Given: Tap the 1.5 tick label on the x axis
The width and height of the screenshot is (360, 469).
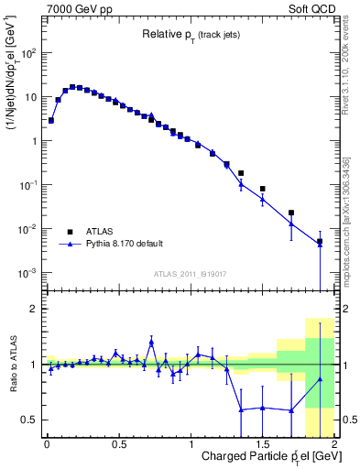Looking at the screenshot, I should [x=262, y=444].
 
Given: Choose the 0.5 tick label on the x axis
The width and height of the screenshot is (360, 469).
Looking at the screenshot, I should [x=118, y=444].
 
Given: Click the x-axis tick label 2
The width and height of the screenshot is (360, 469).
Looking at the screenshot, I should [x=334, y=444].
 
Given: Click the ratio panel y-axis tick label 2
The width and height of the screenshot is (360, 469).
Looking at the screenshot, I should [x=35, y=309].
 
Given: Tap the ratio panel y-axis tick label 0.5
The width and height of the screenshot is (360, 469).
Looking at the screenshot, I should [x=31, y=420].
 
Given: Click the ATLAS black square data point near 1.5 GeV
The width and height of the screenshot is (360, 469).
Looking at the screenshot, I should [x=263, y=189].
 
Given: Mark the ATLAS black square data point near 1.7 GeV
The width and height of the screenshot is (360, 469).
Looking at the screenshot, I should [x=291, y=213].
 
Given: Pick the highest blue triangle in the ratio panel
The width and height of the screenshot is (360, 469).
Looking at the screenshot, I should [x=151, y=342].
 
